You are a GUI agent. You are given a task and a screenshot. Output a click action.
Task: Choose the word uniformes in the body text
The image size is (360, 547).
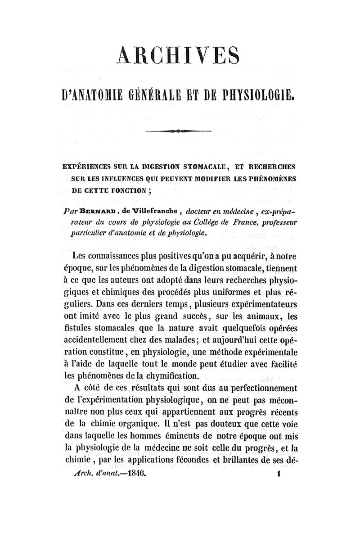[x=238, y=291]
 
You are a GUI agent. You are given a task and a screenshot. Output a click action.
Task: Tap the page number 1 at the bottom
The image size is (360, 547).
[x=279, y=474]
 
